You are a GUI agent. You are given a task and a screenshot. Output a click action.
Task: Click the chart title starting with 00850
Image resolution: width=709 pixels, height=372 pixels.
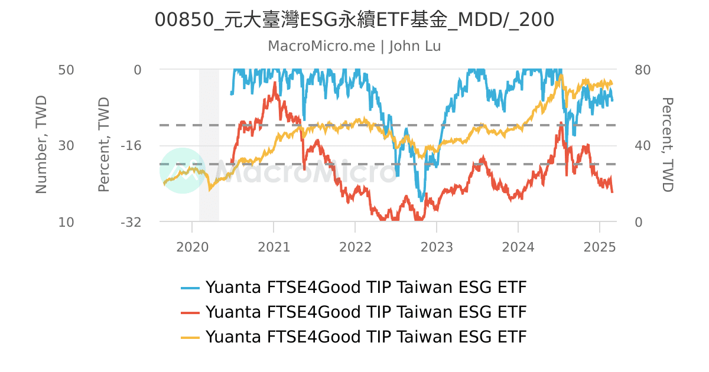354,20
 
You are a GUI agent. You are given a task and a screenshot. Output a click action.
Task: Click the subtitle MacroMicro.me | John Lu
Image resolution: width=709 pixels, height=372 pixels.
354,46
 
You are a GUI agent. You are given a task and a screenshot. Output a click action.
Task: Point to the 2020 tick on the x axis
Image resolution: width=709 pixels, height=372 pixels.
192,247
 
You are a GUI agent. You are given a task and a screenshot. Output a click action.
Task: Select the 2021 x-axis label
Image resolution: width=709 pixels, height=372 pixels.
274,247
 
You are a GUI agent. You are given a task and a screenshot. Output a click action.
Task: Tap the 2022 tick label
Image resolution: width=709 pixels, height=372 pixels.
355,247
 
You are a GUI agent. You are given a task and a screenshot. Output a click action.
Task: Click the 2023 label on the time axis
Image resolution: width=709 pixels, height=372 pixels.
437,247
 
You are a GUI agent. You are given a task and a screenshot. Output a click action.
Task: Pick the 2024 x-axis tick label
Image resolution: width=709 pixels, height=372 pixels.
518,247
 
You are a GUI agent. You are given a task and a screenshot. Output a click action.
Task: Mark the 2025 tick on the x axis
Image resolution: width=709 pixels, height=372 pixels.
600,247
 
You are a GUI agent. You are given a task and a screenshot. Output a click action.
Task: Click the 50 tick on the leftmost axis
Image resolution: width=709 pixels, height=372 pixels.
66,70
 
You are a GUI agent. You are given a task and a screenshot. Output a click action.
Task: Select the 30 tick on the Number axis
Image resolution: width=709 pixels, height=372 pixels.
66,146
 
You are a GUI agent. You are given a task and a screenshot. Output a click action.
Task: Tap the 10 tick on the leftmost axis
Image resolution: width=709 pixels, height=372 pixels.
66,222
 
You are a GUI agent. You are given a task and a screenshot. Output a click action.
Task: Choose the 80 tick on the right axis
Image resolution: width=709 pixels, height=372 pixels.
642,70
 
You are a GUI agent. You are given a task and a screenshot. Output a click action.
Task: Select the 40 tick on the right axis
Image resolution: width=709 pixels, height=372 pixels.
642,146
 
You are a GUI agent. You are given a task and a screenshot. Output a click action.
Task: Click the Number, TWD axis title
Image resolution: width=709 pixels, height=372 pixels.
41,145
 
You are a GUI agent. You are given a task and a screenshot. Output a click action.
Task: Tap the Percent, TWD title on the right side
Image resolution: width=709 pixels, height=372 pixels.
667,145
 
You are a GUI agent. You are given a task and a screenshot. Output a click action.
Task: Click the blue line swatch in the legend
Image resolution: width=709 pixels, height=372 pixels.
190,288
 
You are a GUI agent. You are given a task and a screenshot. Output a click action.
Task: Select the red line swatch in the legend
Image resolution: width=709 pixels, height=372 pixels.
190,312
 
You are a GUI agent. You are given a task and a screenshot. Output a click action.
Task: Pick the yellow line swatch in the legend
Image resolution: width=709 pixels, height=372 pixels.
190,337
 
